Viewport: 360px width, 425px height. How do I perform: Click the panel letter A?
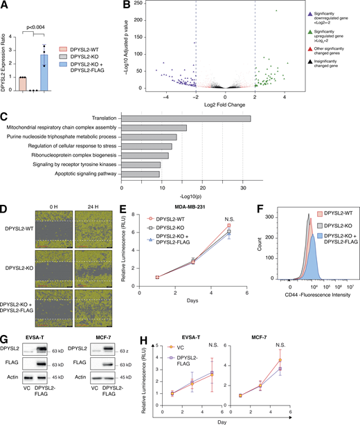click(x=6, y=6)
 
